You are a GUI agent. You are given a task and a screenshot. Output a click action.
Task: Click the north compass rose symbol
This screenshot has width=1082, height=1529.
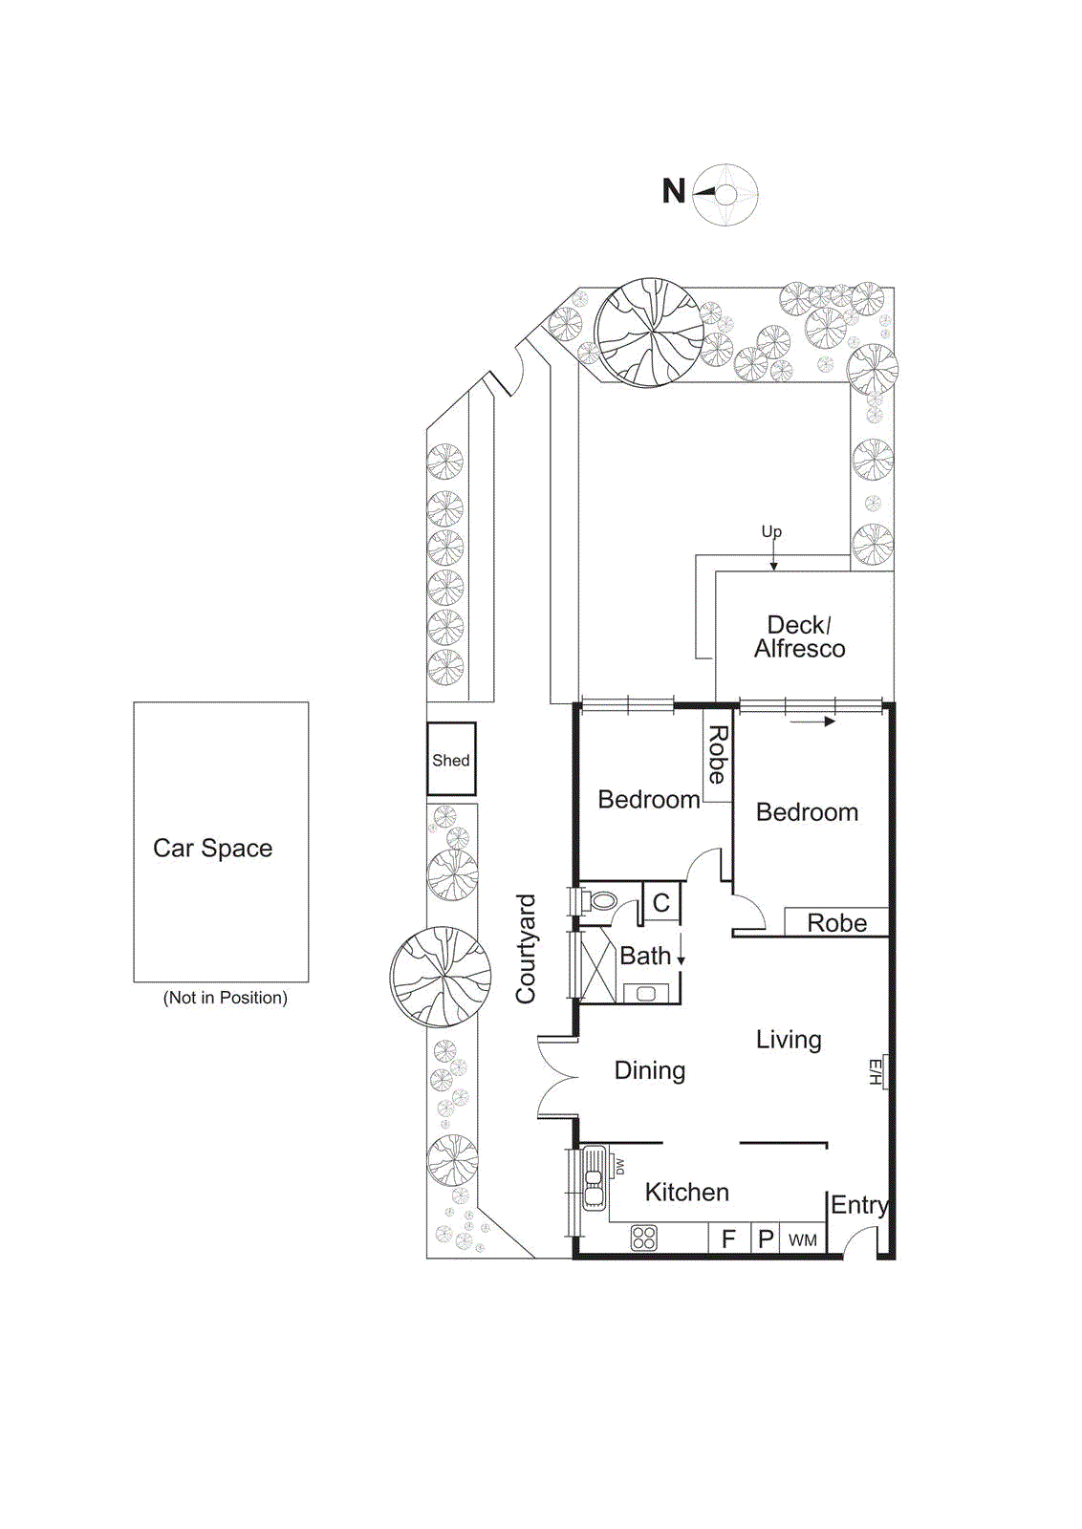[725, 195]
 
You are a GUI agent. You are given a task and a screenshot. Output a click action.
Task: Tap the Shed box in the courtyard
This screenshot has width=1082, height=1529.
[450, 760]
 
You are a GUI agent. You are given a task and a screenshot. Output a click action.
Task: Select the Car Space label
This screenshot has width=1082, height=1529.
[212, 849]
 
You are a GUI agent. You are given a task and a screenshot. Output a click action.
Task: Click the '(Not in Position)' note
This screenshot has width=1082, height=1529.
[225, 998]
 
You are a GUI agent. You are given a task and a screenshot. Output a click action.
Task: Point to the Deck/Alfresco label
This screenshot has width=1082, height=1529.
[799, 637]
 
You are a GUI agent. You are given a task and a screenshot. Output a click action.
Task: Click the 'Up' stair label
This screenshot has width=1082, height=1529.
[771, 531]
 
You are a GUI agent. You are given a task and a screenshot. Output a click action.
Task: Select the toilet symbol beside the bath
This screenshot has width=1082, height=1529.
[601, 900]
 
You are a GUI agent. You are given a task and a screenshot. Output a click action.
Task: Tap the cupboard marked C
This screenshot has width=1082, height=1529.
[661, 903]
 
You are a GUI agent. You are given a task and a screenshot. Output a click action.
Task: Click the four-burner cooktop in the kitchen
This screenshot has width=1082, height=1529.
[644, 1238]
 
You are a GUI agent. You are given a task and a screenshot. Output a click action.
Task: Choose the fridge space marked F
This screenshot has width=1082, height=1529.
[728, 1239]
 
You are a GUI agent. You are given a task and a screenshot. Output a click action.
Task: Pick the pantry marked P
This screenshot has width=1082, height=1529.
[766, 1239]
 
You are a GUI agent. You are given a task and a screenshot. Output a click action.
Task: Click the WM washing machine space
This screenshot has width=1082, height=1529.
[803, 1240]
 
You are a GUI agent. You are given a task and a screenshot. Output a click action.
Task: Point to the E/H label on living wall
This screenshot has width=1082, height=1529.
[875, 1071]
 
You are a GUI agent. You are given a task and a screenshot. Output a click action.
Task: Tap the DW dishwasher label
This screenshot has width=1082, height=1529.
[619, 1167]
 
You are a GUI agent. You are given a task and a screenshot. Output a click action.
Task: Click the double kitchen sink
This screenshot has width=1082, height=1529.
[594, 1177]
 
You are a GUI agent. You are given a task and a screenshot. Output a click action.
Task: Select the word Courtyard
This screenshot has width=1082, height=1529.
[526, 949]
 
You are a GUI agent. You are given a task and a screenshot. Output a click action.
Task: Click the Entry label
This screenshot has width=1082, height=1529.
[859, 1205]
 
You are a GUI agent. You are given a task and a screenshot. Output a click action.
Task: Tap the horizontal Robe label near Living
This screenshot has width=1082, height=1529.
[836, 923]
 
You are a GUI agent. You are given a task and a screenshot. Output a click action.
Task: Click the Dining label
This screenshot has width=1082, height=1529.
[650, 1070]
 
